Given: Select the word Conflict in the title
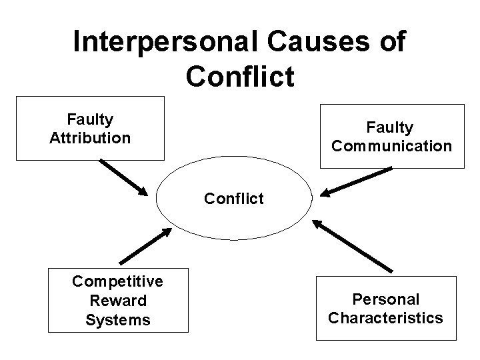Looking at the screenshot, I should click(240, 76).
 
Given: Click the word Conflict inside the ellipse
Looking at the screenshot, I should click(234, 198).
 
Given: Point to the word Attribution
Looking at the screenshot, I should click(90, 139).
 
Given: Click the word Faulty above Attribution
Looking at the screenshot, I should click(90, 120).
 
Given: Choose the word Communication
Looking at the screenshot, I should click(391, 145).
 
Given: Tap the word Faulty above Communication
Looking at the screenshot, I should click(391, 127).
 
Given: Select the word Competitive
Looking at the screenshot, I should click(117, 281).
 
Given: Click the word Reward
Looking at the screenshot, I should click(118, 301).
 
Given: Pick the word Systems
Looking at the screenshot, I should click(118, 320).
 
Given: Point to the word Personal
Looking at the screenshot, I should click(386, 299).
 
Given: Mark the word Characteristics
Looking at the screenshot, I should click(385, 318).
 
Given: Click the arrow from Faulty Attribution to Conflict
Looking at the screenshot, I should click(124, 177).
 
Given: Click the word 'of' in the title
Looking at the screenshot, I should click(391, 42).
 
